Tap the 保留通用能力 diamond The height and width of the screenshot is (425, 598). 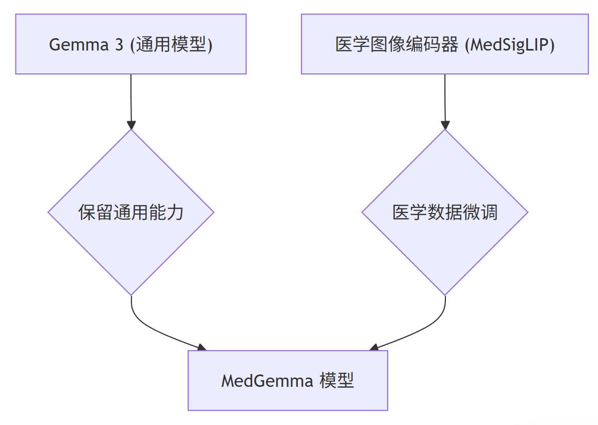tap(131, 212)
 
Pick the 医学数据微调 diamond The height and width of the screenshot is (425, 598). tap(445, 212)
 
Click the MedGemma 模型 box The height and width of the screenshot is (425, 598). tap(288, 381)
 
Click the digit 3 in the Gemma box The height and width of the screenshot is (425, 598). tap(119, 45)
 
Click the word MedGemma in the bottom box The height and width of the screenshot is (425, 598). tap(267, 381)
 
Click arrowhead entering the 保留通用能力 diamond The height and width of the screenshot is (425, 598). tap(131, 125)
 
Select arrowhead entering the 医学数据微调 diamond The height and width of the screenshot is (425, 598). tap(445, 125)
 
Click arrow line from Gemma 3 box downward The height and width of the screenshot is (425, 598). tap(131, 98)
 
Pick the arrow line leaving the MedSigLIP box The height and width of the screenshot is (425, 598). tap(445, 98)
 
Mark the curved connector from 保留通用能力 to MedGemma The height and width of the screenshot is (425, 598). tap(155, 330)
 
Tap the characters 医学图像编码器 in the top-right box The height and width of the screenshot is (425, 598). tap(396, 45)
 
